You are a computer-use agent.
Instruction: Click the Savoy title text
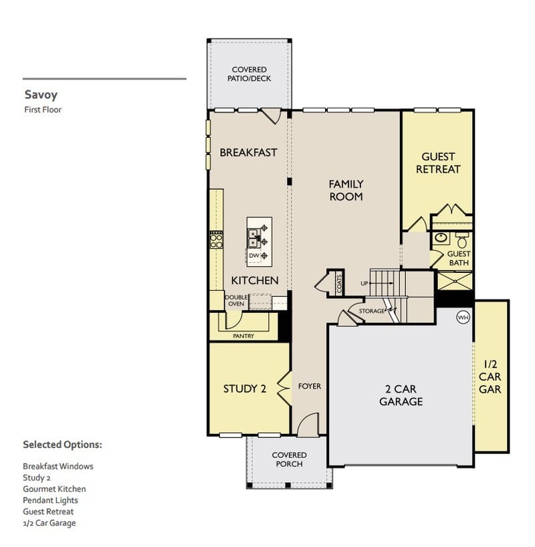click(x=41, y=95)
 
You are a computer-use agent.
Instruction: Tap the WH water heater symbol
click(x=462, y=317)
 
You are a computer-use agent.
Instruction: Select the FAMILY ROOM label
click(x=346, y=190)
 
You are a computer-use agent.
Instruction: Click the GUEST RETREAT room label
click(x=438, y=163)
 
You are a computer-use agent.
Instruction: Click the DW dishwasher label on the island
click(x=253, y=255)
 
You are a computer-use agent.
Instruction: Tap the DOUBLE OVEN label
click(x=235, y=300)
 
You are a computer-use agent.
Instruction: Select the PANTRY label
click(x=243, y=336)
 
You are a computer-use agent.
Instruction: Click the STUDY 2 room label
click(x=244, y=389)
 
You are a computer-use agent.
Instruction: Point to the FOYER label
click(x=310, y=387)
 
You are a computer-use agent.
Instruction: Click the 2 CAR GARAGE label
click(x=401, y=395)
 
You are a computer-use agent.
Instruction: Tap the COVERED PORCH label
click(x=289, y=459)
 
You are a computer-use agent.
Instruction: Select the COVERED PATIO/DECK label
click(x=249, y=74)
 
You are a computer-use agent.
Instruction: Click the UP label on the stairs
click(x=364, y=284)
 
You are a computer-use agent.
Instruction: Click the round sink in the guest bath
click(x=441, y=237)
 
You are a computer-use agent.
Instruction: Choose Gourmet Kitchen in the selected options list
click(x=54, y=489)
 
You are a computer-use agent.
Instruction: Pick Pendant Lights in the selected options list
click(x=50, y=500)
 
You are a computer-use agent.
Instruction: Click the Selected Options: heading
click(x=62, y=445)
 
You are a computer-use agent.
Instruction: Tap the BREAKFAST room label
click(x=248, y=152)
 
